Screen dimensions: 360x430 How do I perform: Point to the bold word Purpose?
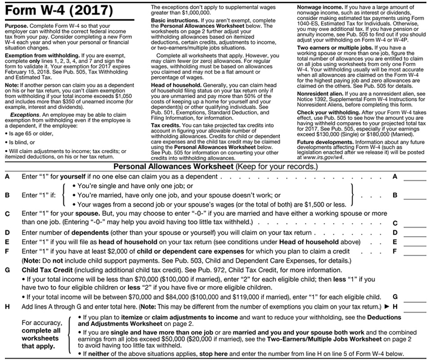pyautogui.click(x=16, y=27)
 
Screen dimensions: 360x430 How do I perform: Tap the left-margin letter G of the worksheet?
pyautogui.click(x=7, y=270)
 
